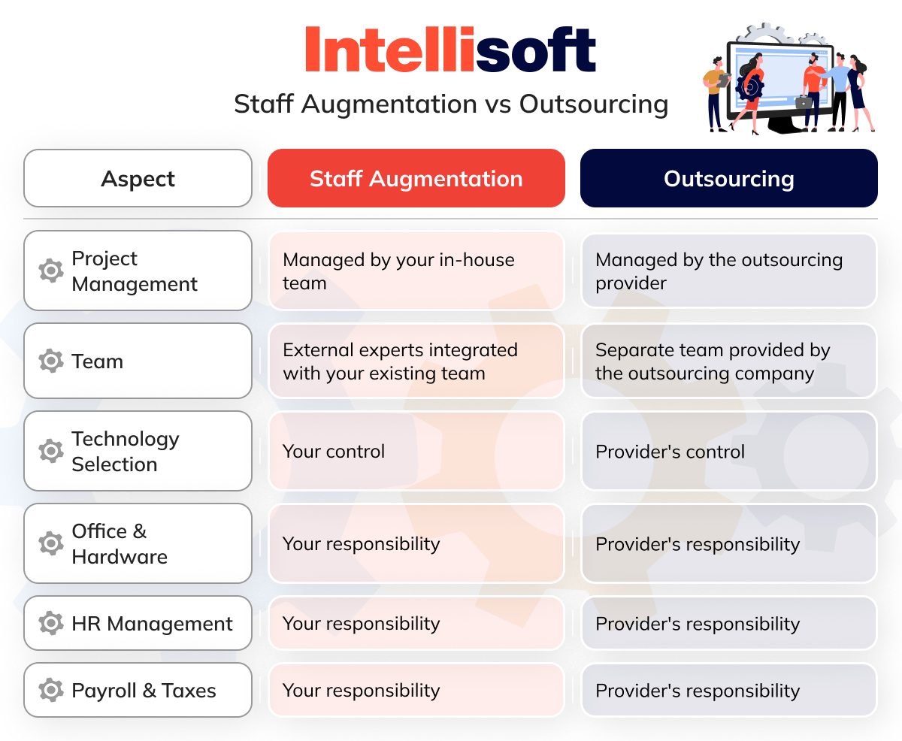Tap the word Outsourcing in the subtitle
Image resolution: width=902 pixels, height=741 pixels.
593,104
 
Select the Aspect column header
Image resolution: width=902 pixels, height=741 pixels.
138,179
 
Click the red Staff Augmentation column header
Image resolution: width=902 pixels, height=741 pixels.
416,179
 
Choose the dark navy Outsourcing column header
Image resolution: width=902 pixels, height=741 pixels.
728,179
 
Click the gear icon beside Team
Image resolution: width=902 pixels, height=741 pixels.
50,361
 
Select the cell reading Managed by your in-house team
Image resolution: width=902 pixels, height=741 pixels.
416,271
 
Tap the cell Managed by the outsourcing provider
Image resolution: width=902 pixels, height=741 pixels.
728,271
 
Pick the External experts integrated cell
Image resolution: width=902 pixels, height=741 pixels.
416,361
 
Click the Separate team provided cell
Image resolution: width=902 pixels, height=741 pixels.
728,361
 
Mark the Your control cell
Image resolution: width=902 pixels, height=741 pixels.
416,452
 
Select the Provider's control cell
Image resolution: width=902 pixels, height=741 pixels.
728,452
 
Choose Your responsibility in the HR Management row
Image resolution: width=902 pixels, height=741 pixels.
416,624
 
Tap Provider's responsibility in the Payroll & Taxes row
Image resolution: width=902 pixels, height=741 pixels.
728,691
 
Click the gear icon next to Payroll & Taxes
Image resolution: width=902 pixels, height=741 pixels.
50,691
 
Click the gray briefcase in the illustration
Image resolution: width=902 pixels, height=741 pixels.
803,101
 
